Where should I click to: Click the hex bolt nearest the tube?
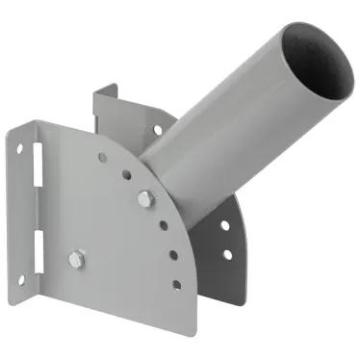(144, 198)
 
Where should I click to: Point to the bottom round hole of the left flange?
(20, 279)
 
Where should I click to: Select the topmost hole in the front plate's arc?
(102, 157)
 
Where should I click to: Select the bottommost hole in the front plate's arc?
(176, 284)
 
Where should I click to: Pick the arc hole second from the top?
(125, 174)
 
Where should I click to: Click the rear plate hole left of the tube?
(157, 128)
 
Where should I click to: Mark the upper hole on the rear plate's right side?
(224, 225)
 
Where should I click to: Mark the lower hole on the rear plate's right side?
(228, 254)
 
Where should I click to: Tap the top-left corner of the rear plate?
(96, 92)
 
